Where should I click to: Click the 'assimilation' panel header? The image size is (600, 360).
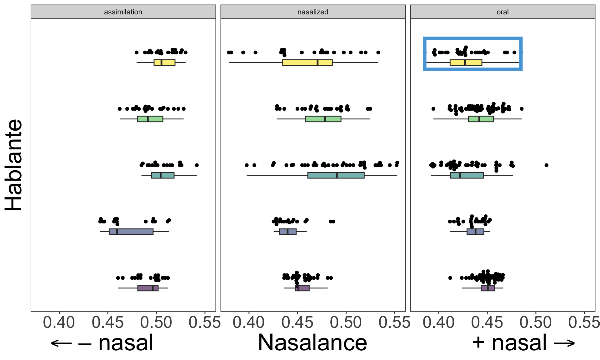click(x=123, y=12)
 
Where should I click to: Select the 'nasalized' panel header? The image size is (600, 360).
click(x=313, y=12)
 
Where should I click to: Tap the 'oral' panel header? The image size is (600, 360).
click(x=502, y=12)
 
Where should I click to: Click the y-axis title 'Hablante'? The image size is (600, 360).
click(x=14, y=165)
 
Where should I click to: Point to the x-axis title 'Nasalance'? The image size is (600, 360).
click(x=312, y=343)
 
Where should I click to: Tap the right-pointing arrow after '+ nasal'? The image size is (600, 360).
click(x=564, y=343)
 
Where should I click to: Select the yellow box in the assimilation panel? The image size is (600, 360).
click(x=164, y=62)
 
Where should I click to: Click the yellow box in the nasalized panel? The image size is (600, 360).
click(x=307, y=62)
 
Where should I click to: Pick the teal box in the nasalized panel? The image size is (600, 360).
click(x=336, y=175)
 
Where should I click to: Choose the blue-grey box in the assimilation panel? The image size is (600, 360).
click(x=131, y=232)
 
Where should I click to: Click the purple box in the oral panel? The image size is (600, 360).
click(x=488, y=288)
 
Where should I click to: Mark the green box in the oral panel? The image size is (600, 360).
click(x=481, y=119)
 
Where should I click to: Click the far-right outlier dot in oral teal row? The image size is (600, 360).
click(x=546, y=165)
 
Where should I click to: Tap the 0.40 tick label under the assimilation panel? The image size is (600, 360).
click(x=59, y=322)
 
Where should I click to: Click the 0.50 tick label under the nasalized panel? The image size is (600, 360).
click(x=346, y=322)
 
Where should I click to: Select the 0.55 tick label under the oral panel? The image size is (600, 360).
click(x=584, y=322)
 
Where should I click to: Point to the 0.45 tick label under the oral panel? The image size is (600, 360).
click(x=487, y=322)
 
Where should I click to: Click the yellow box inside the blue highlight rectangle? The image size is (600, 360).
click(x=466, y=62)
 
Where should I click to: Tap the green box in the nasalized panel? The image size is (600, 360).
click(x=323, y=119)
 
